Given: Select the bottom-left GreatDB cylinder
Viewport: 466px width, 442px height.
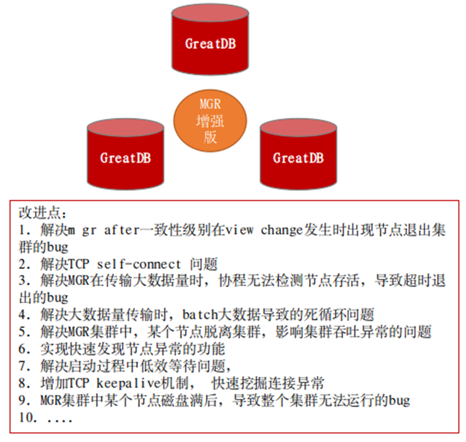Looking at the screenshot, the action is click(x=125, y=158).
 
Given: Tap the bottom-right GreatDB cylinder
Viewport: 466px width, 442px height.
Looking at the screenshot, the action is click(x=297, y=158).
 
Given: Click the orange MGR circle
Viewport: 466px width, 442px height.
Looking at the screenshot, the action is click(x=211, y=117).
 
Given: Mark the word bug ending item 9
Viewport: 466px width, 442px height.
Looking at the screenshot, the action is click(x=399, y=401).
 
